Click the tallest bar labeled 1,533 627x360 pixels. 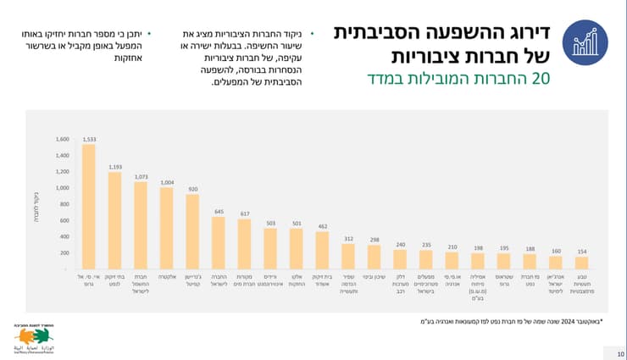pos(88,207)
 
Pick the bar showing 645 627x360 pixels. pos(219,243)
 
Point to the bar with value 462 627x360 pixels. pos(323,250)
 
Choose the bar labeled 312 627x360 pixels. pos(348,257)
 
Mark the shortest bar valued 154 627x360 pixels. pos(582,263)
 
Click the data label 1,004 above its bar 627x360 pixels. pos(166,181)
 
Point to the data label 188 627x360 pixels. pos(530,248)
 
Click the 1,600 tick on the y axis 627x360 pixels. pos(62,139)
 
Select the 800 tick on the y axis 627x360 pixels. pos(64,204)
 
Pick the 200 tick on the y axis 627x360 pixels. pos(64,253)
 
